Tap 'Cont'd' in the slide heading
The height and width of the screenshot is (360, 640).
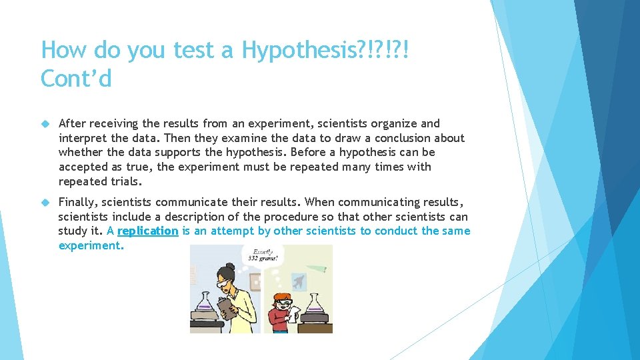(x=76, y=79)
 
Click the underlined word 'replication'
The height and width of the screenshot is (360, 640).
(x=147, y=231)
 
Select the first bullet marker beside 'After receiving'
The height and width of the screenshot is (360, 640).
(x=46, y=124)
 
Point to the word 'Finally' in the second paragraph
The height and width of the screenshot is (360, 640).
(x=78, y=202)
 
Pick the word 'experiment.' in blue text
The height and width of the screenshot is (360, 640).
(x=91, y=245)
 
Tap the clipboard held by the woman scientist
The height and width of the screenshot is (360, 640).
(x=227, y=309)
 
